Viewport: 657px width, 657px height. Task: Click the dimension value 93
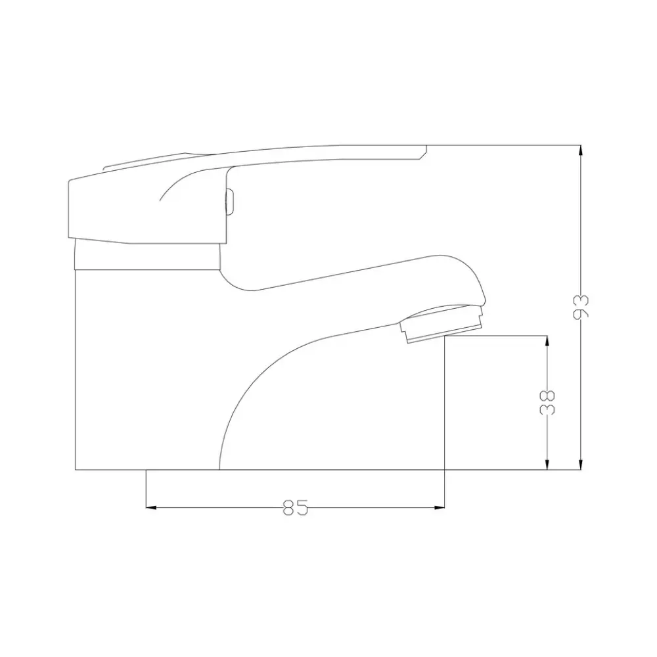pyautogui.click(x=581, y=307)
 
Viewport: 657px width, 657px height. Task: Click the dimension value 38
pyautogui.click(x=547, y=402)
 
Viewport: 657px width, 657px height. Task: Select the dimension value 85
pyautogui.click(x=296, y=507)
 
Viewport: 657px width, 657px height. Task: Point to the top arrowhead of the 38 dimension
pyautogui.click(x=547, y=341)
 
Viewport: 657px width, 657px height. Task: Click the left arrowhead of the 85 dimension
pyautogui.click(x=151, y=507)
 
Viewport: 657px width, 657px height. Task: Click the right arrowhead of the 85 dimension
pyautogui.click(x=439, y=507)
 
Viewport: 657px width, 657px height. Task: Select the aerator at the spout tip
pyautogui.click(x=442, y=323)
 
